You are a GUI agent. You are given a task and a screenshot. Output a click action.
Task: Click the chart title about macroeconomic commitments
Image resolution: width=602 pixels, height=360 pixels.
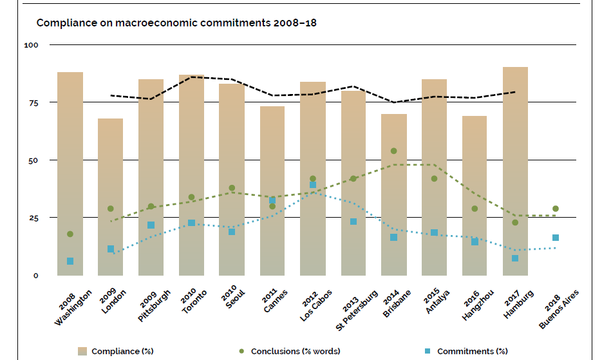click(176, 23)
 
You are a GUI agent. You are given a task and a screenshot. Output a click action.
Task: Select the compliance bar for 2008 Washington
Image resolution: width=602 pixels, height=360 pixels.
click(70, 174)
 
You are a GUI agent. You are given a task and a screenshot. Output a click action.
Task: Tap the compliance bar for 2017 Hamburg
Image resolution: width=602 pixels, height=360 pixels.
click(515, 171)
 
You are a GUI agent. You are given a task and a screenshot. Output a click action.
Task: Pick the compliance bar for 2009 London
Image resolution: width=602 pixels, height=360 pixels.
click(110, 196)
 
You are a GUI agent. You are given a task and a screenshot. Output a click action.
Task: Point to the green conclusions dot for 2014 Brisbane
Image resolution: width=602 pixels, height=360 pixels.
click(394, 151)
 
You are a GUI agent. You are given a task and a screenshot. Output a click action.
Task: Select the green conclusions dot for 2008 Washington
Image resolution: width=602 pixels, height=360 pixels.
click(70, 234)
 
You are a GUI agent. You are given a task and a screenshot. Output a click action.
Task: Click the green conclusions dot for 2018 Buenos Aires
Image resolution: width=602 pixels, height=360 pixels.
click(556, 209)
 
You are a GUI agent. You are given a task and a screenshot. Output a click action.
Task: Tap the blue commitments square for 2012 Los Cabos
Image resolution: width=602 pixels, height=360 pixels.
click(313, 185)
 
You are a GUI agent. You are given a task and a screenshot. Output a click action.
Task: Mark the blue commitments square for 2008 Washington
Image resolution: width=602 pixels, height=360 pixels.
click(70, 261)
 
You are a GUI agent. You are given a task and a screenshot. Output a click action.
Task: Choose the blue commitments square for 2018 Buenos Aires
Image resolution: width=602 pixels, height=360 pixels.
click(556, 238)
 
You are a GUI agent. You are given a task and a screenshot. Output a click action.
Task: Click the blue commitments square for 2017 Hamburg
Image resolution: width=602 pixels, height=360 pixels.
click(515, 258)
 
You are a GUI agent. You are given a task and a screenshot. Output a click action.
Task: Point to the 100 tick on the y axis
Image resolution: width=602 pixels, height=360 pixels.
click(32, 45)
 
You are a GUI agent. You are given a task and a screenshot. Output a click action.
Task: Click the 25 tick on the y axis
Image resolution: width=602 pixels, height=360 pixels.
click(33, 218)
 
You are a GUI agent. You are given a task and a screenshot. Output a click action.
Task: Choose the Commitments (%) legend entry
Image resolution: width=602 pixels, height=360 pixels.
click(466, 351)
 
